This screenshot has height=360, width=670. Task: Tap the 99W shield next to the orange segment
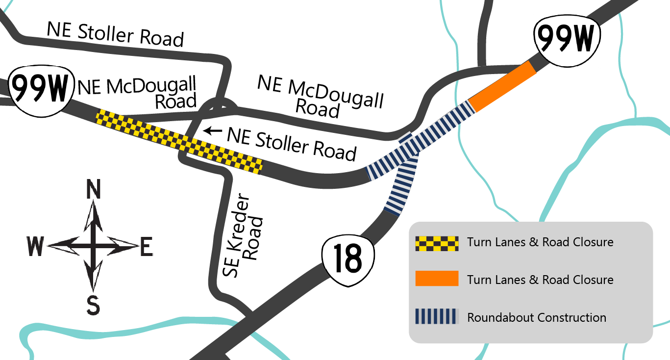(x=568, y=39)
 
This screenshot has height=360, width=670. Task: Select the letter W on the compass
(x=36, y=246)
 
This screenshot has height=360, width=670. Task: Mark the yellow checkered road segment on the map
(x=179, y=141)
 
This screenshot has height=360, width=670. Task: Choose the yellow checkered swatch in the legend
(x=436, y=243)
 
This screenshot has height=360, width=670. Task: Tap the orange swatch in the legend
(x=436, y=279)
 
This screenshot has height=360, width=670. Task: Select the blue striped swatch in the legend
(x=436, y=316)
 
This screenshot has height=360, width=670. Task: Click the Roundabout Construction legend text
(x=536, y=317)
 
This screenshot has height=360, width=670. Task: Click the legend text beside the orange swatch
(x=540, y=280)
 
